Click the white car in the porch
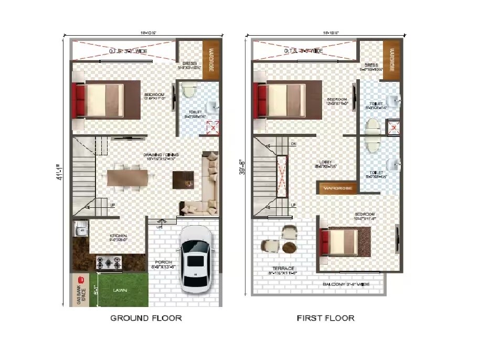pos(196,259)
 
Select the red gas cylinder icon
pos(81,280)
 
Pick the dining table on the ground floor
pos(126,177)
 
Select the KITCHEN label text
pos(119,236)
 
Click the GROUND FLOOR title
pos(146,318)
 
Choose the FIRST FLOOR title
pos(325,318)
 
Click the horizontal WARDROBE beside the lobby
pos(337,187)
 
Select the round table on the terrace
pos(289,247)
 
